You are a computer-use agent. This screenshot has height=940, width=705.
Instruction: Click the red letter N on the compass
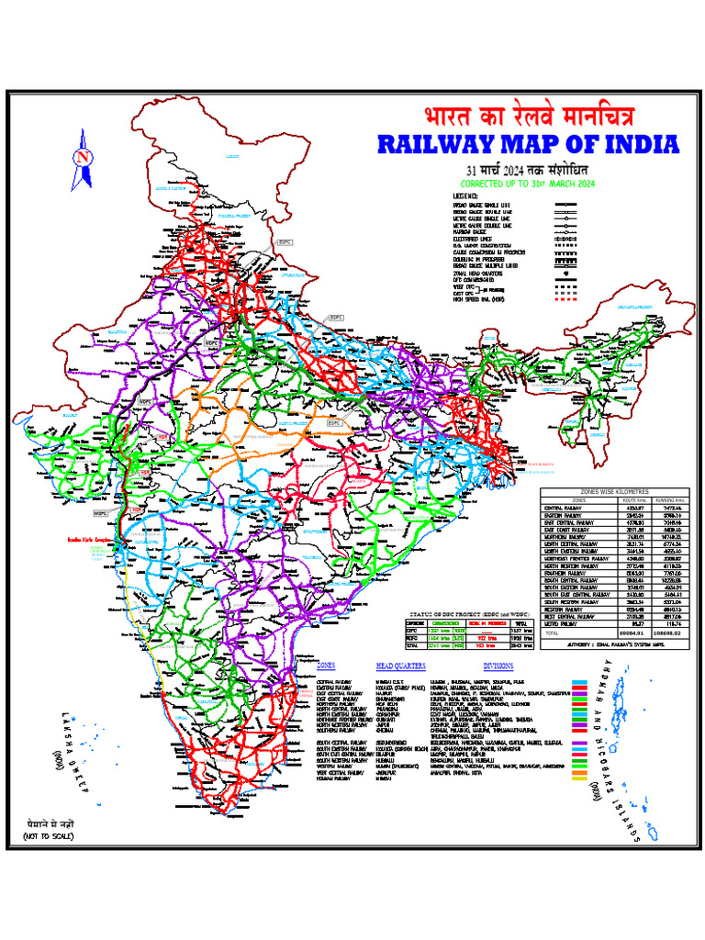pos(83,157)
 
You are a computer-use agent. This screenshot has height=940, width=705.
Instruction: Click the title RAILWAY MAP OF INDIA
pos(528,145)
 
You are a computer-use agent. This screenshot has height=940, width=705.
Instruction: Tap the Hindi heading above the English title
pos(528,117)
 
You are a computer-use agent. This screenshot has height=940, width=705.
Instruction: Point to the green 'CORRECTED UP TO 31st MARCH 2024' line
pos(527,185)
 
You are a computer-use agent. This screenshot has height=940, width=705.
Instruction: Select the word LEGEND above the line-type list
pos(466,196)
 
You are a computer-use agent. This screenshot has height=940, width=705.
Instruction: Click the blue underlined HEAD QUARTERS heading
pos(401,666)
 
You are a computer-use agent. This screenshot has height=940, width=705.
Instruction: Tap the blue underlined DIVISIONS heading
pos(499,666)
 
